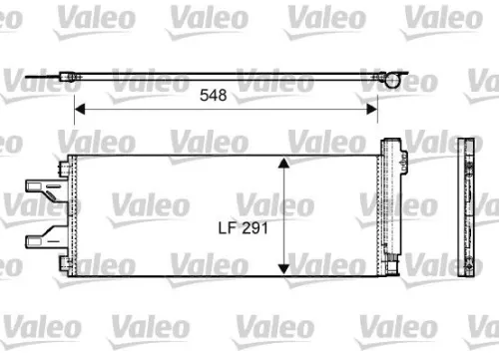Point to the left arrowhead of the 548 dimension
point(81,109)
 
